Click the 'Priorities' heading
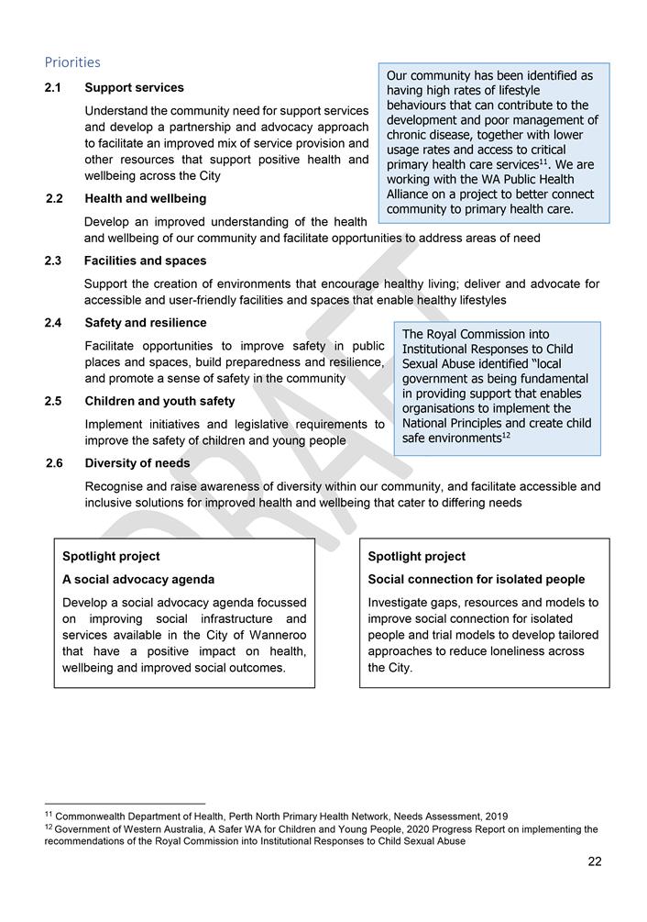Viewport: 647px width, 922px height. pos(72,62)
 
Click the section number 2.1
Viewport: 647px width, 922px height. pos(54,88)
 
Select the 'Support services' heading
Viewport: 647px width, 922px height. pos(134,88)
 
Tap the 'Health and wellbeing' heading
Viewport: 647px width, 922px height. pos(145,198)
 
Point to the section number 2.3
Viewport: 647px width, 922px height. pos(54,261)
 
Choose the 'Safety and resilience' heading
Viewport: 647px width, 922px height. pos(145,323)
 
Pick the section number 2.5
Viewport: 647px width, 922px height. pos(54,401)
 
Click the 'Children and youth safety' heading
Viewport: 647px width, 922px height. pos(159,401)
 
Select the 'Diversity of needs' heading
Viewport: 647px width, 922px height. pos(137,463)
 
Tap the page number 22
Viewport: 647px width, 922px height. pos(594,861)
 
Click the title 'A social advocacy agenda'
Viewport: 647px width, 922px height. pos(137,580)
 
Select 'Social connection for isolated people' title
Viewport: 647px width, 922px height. pos(476,580)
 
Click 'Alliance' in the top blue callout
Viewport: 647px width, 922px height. pos(411,194)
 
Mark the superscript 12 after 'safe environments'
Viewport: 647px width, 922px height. pos(506,436)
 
